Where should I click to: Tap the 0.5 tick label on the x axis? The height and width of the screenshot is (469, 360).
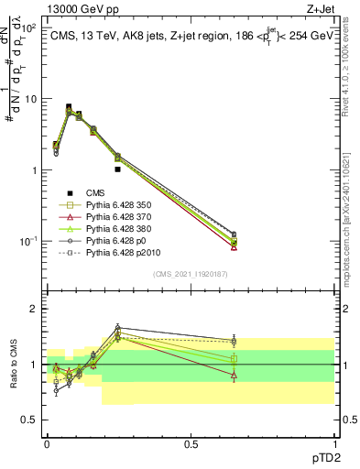[191, 443]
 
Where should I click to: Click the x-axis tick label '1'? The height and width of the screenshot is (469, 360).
[334, 443]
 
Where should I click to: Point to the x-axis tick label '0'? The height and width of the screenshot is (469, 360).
[47, 443]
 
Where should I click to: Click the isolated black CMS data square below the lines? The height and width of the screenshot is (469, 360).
[118, 169]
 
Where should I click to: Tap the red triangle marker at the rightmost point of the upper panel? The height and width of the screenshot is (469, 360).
[235, 246]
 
